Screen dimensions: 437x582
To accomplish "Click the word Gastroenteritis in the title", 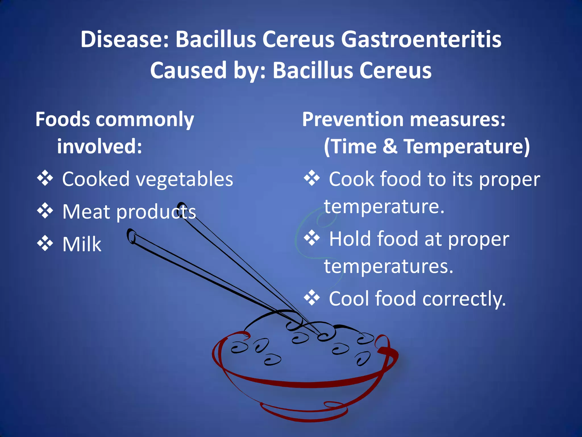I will click(421, 39).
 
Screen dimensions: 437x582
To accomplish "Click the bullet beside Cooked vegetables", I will click(45, 178).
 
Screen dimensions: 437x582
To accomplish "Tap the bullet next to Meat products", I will click(45, 211).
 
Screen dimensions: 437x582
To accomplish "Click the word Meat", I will click(86, 212).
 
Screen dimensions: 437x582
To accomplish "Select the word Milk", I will click(82, 244).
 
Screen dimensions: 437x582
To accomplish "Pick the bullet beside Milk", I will click(45, 244).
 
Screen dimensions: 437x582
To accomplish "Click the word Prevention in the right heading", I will click(352, 119).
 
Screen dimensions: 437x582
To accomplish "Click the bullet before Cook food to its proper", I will click(312, 178).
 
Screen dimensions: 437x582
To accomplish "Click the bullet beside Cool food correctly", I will click(312, 298).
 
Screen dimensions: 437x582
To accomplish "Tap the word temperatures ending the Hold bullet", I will click(388, 267).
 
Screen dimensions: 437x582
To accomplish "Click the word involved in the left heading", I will click(99, 146).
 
